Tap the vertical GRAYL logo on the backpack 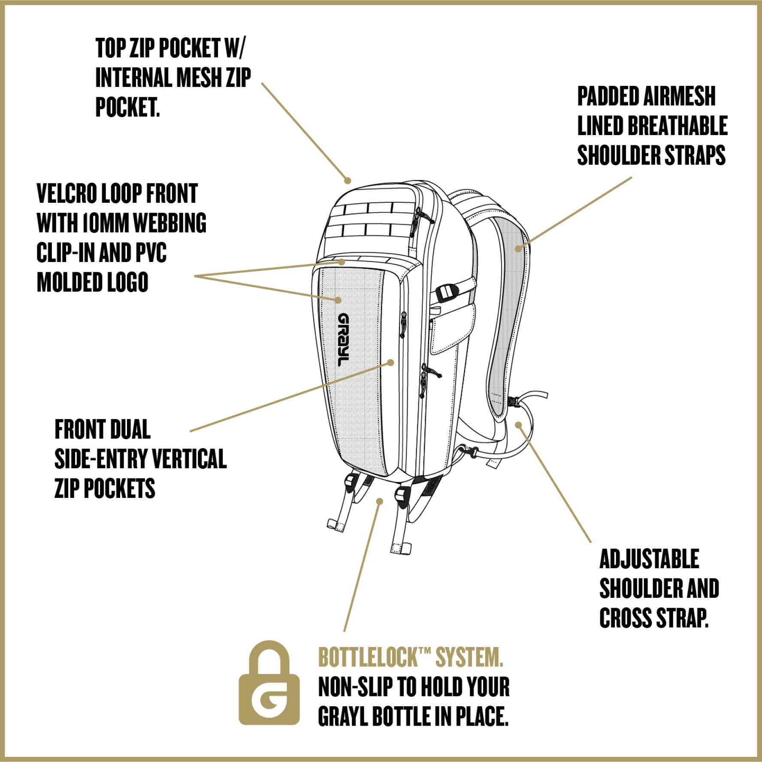[344, 340]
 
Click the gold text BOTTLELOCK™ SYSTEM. [410, 657]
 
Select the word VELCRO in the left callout [67, 194]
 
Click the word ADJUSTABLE [649, 559]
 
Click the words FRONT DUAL [103, 430]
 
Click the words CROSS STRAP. [653, 618]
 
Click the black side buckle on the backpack [447, 292]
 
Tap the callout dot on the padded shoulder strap [519, 248]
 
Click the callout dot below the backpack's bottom [379, 501]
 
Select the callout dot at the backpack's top [348, 181]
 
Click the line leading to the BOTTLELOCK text [361, 566]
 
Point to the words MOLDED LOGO [93, 282]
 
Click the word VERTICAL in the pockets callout [189, 459]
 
